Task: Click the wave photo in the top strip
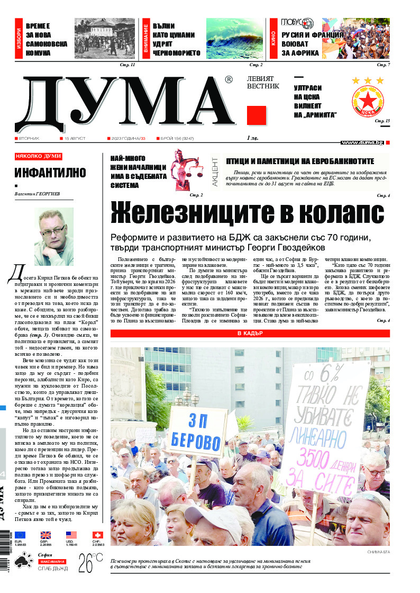pyautogui.click(x=234, y=39)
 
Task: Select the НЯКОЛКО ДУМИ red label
pyautogui.click(x=39, y=157)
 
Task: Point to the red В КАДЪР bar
pyautogui.click(x=250, y=333)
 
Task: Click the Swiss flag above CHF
pyautogui.click(x=97, y=535)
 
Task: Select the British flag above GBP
pyautogui.click(x=46, y=535)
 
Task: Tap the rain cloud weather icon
pyautogui.click(x=23, y=562)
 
